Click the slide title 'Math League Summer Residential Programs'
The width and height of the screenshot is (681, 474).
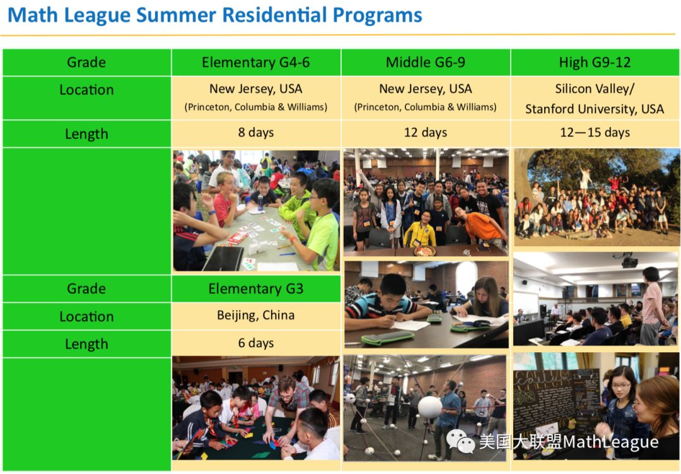coord(215,15)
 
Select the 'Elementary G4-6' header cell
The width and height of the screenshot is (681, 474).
coord(256,62)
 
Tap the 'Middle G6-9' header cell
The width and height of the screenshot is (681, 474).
coord(426,62)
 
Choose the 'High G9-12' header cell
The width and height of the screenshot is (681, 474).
coord(595,62)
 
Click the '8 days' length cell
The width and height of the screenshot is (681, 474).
coord(256,133)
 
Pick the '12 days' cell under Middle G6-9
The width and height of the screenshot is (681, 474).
coord(426,133)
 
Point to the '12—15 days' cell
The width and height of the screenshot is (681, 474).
coord(595,133)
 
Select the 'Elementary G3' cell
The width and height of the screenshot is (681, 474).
coord(256,289)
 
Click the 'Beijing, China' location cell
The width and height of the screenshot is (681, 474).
coord(256,315)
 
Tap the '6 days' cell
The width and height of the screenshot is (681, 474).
coord(256,343)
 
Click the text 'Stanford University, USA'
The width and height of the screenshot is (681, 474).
coord(595,109)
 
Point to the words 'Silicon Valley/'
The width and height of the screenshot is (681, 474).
coord(595,89)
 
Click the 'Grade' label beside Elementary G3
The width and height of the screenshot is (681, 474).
coord(86,289)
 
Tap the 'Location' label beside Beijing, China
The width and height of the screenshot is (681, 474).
coord(86,316)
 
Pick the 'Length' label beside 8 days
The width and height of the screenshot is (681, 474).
coord(86,134)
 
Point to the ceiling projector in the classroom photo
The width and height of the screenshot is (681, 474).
coord(629,261)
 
